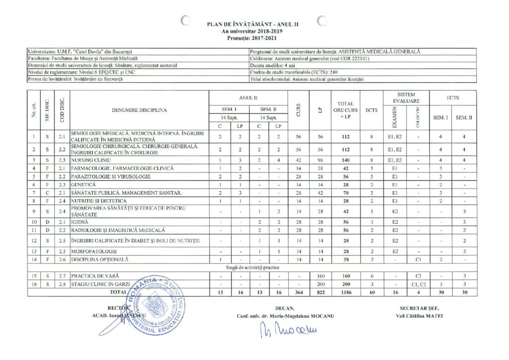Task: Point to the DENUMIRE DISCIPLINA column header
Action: click(139, 110)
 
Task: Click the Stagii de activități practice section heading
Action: click(252, 268)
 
